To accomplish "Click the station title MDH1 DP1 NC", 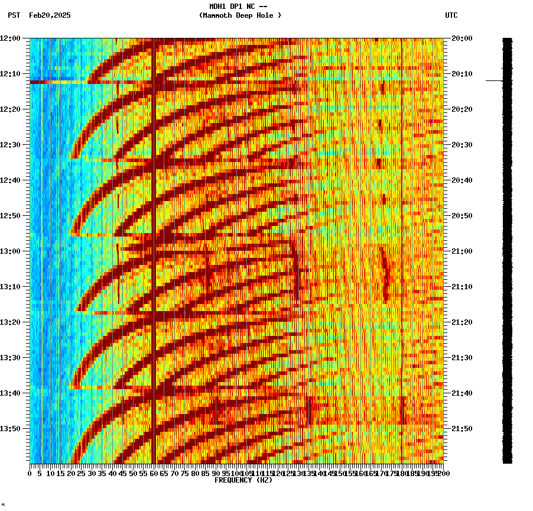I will pos(239,7).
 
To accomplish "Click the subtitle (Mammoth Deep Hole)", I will pos(240,15).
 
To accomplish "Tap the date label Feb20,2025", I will pos(50,15).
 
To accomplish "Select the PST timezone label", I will pos(14,15).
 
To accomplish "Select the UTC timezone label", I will pos(451,15).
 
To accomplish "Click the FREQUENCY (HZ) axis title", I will pos(243,480).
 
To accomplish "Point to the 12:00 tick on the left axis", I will pos(10,38).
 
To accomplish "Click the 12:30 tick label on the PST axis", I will pos(10,145).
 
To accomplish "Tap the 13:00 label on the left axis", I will pos(10,251).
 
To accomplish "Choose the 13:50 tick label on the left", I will pos(10,429).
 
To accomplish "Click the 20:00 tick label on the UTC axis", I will pos(462,38).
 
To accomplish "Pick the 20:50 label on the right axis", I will pos(462,216).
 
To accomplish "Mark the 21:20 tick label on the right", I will pos(462,322).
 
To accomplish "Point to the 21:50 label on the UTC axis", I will pos(462,429).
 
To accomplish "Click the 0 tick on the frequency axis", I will pos(30,473).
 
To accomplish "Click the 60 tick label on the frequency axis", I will pos(154,473).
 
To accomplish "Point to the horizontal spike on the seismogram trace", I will pos(494,80).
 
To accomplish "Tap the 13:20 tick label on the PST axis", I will pos(10,322).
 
